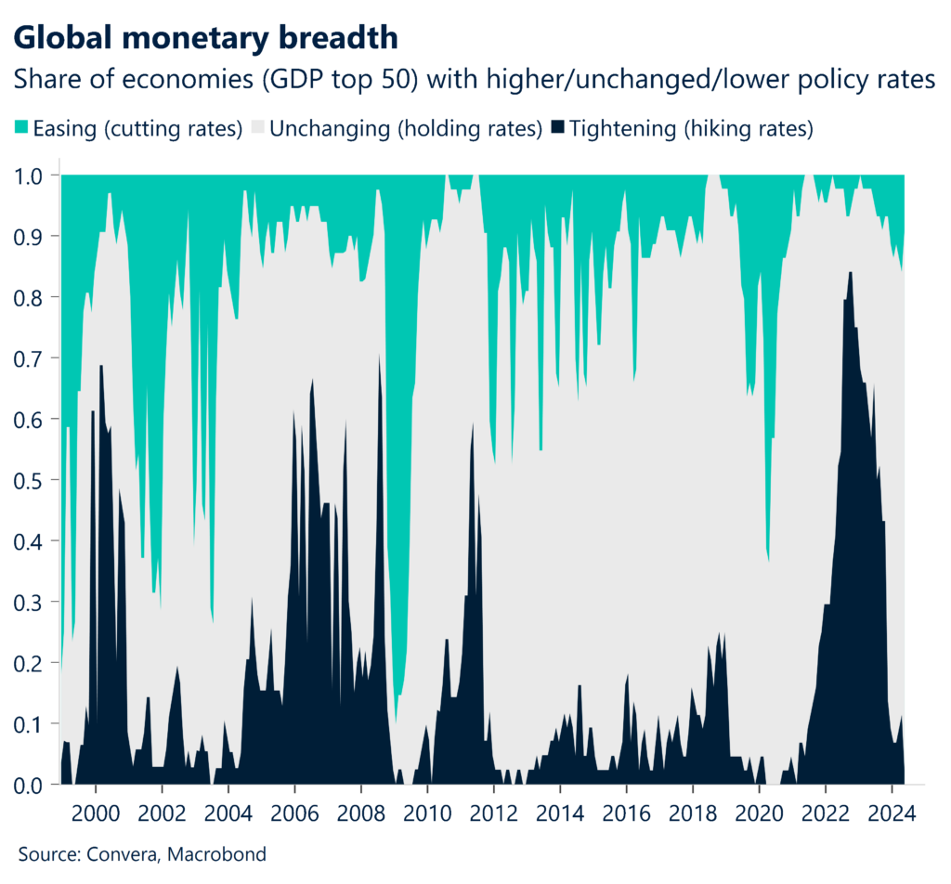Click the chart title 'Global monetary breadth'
click(206, 37)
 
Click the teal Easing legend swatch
click(21, 128)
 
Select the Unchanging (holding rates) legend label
click(405, 128)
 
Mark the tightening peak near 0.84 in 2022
click(849, 273)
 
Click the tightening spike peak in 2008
click(379, 356)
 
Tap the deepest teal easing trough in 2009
click(396, 721)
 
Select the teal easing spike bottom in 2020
click(768, 560)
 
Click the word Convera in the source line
click(114, 853)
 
